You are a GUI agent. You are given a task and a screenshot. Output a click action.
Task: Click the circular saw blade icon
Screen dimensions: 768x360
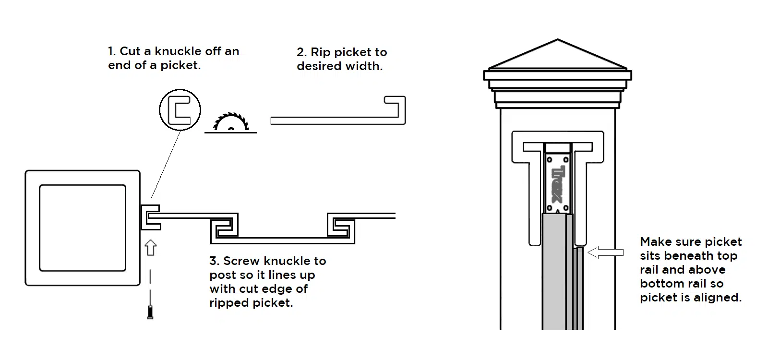coord(231,122)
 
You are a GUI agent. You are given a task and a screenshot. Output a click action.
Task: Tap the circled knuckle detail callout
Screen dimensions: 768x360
coord(180,90)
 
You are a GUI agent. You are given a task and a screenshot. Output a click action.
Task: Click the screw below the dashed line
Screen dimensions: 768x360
coord(150,312)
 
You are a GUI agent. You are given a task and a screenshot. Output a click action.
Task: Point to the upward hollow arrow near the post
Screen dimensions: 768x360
coord(151,248)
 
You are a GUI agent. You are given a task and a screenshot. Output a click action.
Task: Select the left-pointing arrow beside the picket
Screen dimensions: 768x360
coord(605,252)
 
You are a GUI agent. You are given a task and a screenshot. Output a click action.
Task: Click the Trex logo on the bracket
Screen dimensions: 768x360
coord(557,184)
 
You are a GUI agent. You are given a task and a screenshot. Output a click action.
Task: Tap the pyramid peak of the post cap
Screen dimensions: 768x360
coord(557,39)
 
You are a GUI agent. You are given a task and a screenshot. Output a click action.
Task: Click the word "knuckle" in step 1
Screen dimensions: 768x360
coord(178,51)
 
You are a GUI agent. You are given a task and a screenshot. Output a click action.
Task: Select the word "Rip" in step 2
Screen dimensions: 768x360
coord(321,52)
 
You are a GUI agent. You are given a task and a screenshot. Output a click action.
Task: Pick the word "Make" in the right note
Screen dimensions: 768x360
coord(655,242)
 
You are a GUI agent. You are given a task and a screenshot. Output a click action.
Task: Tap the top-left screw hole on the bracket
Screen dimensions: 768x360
coord(549,160)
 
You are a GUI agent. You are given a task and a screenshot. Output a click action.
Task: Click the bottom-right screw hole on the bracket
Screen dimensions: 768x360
coord(566,208)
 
